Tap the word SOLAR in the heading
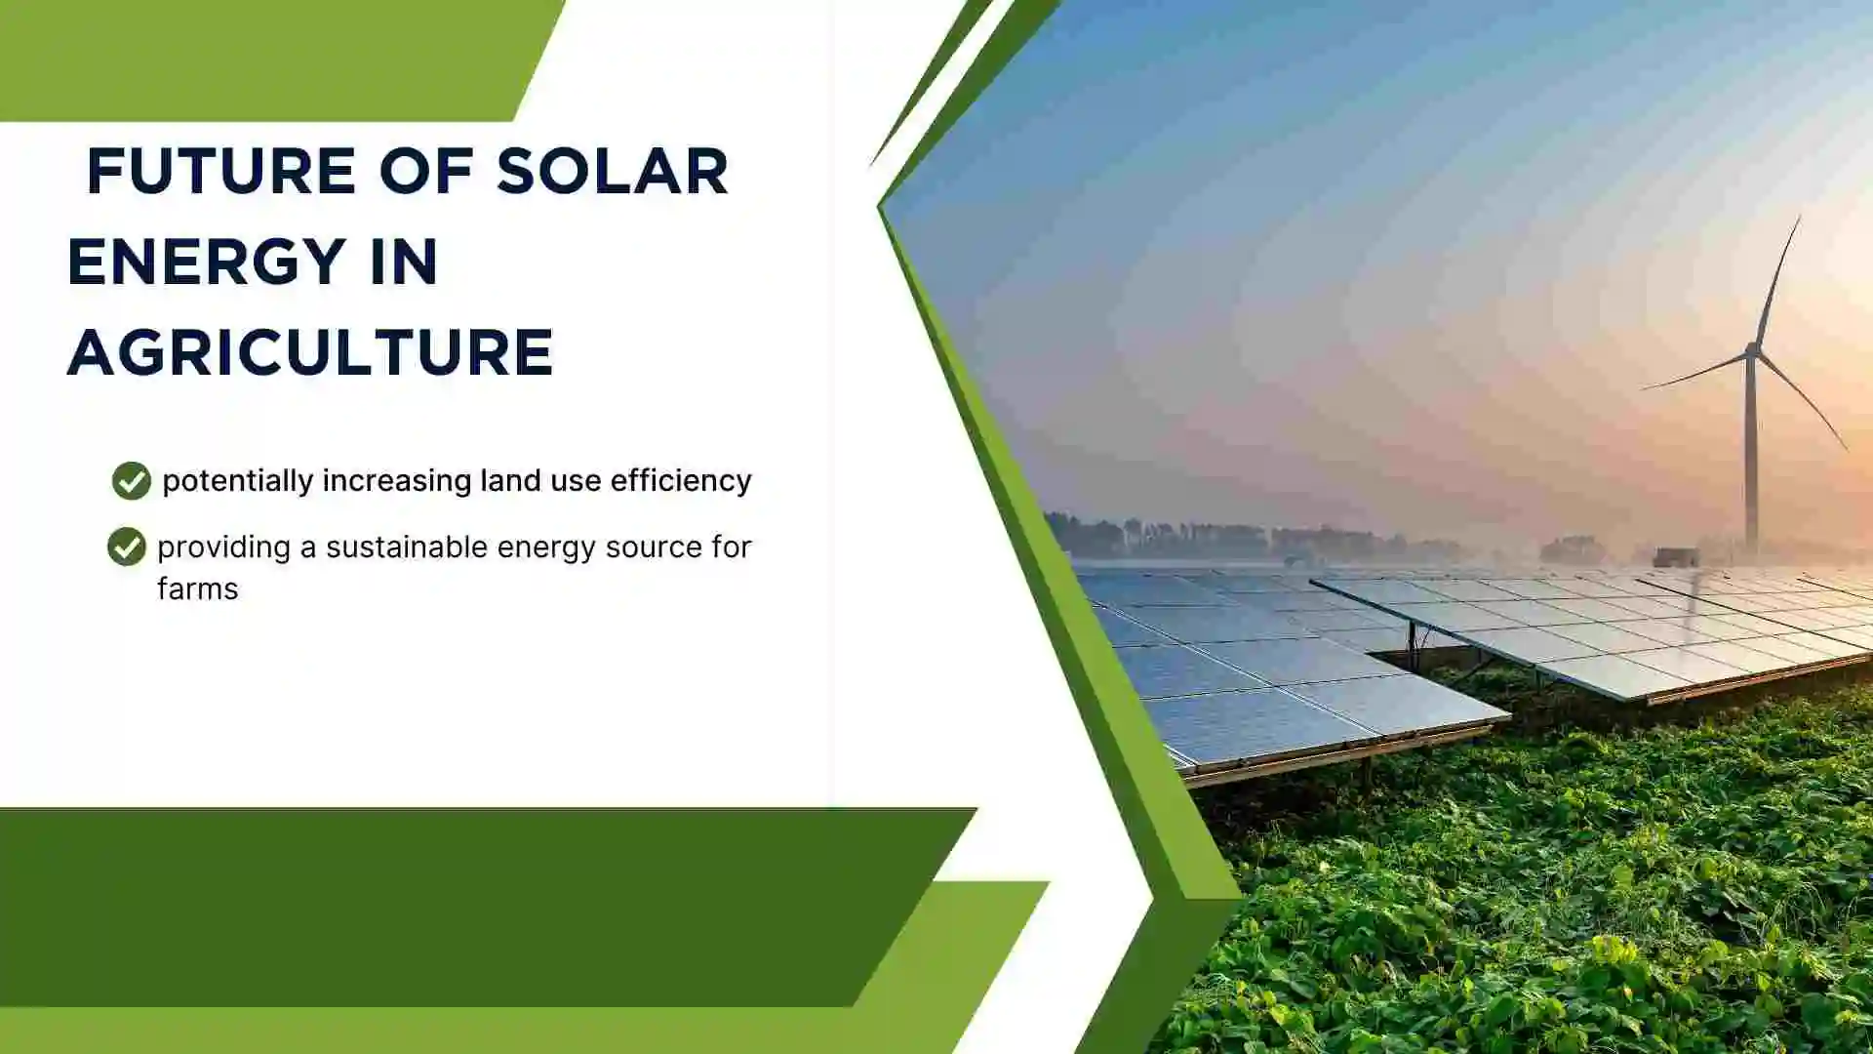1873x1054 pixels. [612, 172]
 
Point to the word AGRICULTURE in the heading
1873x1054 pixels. [310, 352]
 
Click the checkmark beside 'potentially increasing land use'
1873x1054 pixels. [131, 480]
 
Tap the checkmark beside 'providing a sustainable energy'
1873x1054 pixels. [126, 547]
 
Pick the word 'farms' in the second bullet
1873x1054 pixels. [197, 589]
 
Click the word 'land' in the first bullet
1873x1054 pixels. [503, 480]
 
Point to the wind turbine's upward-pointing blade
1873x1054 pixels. [1777, 278]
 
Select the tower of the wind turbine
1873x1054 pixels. [1751, 459]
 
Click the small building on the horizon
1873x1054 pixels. [1675, 557]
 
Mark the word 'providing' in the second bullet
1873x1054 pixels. [223, 547]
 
